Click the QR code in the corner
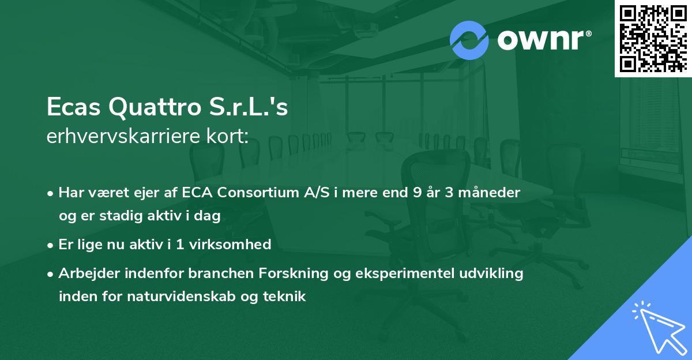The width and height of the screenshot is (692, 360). point(653,38)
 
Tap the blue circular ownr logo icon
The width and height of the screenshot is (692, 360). point(469,40)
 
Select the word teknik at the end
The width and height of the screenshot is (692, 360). point(287,297)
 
